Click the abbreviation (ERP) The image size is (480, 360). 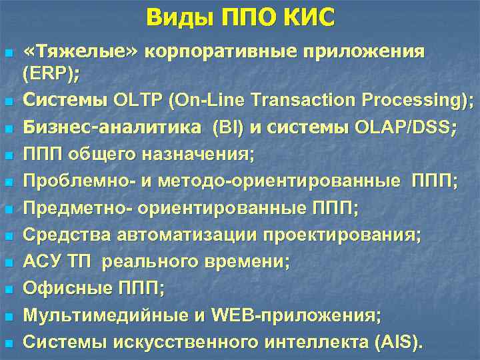(x=49, y=74)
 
